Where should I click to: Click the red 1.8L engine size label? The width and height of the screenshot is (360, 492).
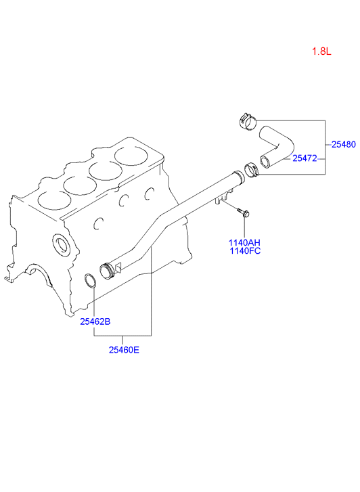(321, 51)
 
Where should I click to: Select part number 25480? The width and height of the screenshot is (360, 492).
(344, 144)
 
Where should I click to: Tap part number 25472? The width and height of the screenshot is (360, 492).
(305, 158)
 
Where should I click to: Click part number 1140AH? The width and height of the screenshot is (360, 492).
(244, 242)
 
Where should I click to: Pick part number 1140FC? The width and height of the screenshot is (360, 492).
(245, 250)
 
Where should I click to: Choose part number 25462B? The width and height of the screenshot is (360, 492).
(95, 321)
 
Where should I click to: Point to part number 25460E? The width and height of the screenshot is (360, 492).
(124, 350)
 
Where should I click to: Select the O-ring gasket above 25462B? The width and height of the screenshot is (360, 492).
(91, 281)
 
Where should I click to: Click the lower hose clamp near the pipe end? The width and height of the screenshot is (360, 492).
(252, 170)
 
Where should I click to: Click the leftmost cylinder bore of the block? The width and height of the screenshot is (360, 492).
(54, 200)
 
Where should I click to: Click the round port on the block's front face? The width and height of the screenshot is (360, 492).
(60, 244)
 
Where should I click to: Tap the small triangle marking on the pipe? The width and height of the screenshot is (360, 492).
(118, 267)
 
